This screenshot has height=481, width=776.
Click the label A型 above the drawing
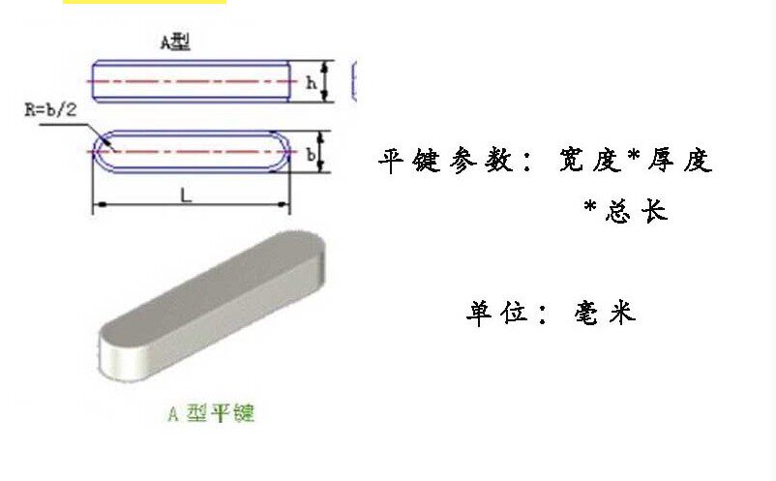(x=175, y=43)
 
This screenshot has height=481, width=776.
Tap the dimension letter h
(x=311, y=82)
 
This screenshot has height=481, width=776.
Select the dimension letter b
(x=311, y=154)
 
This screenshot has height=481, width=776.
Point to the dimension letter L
(x=185, y=195)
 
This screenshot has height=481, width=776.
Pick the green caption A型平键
(x=211, y=414)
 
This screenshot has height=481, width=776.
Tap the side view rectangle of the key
(x=192, y=81)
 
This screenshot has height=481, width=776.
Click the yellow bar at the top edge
(x=145, y=2)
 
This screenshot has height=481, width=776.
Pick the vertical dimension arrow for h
(x=326, y=82)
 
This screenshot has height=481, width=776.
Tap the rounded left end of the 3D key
(x=116, y=352)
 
